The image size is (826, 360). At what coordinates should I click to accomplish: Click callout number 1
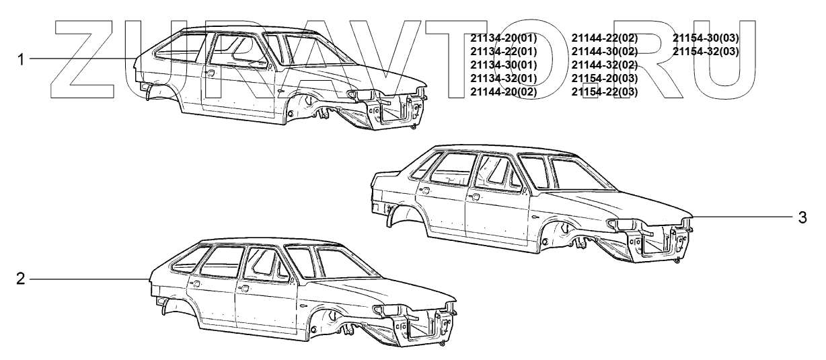click(21, 59)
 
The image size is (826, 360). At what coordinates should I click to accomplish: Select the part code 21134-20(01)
click(503, 38)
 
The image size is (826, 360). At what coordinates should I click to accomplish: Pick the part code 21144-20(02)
click(503, 92)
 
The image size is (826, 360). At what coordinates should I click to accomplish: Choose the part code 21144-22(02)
click(604, 38)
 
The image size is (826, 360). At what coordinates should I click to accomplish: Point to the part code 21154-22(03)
click(604, 92)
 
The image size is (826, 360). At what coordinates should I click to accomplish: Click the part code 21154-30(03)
click(706, 38)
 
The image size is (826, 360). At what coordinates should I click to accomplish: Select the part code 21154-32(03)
click(706, 51)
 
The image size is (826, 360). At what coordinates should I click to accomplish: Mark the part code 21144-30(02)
click(604, 51)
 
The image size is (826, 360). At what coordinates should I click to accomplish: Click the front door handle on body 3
click(475, 197)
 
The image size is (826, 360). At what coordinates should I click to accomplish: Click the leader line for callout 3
click(740, 217)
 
